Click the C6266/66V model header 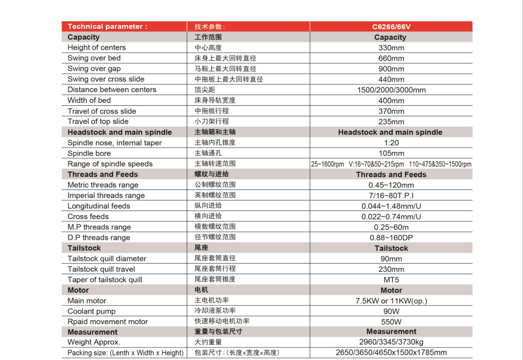click(391, 27)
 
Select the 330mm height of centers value click(391, 48)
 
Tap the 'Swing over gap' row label click(94, 69)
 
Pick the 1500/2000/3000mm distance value click(391, 90)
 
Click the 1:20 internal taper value click(391, 143)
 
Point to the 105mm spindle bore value click(391, 153)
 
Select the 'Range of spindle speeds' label click(110, 164)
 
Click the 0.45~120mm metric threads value click(391, 185)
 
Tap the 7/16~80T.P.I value click(391, 196)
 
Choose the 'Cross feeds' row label click(88, 217)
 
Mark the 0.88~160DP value click(391, 238)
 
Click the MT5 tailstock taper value click(391, 280)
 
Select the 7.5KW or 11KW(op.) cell click(391, 301)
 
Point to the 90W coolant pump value click(391, 311)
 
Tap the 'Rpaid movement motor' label click(108, 322)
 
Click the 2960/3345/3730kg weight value click(391, 342)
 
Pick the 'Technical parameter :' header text click(107, 27)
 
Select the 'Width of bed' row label click(89, 100)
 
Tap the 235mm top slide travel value click(391, 122)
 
